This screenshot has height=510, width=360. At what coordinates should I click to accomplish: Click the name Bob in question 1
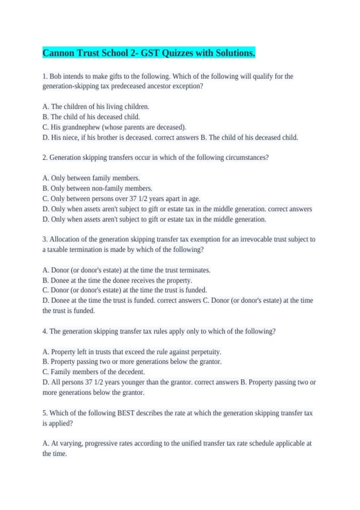55,76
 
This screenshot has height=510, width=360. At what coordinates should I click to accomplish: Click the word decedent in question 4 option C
132,372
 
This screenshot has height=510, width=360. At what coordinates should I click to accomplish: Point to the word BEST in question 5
126,413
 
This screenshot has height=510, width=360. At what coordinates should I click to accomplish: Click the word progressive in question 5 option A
101,443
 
